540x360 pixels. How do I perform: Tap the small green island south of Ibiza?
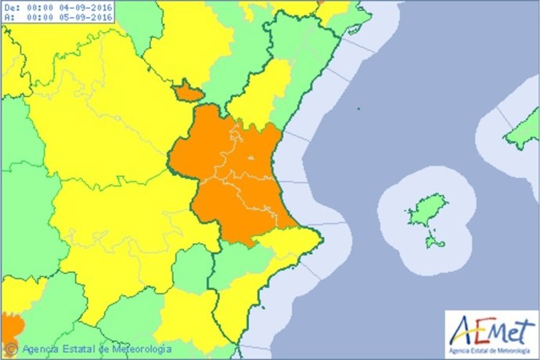tap(434, 241)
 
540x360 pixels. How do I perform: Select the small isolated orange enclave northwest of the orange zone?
tap(188, 92)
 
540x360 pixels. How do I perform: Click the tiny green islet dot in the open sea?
tap(357, 108)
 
